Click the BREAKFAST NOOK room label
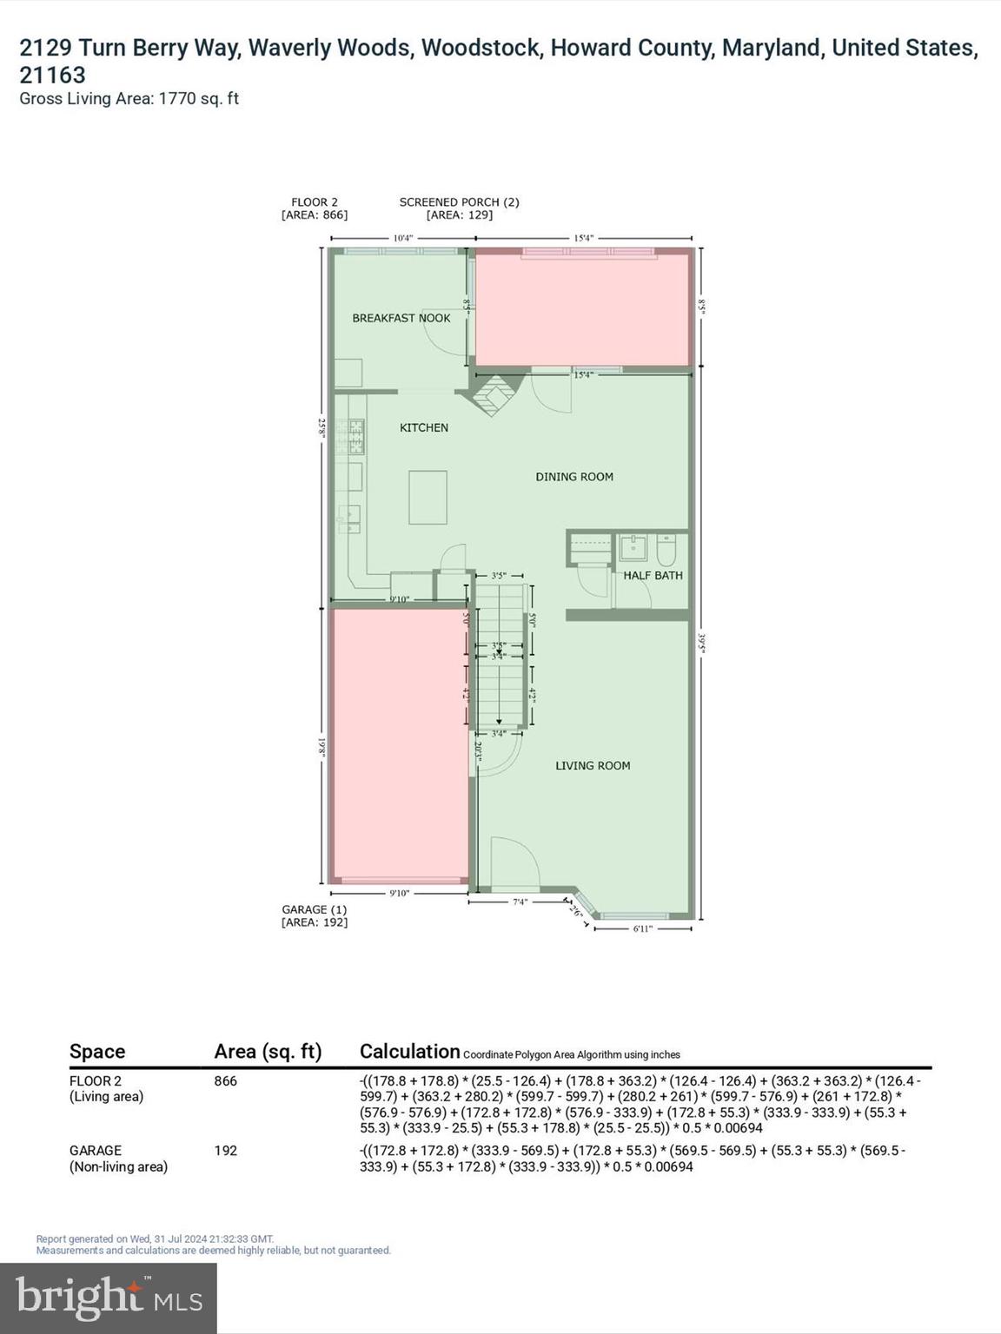pos(401,318)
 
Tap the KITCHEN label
pos(424,427)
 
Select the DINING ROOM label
pos(574,477)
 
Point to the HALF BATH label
pos(653,575)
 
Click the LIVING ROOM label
pos(593,765)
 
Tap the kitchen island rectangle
pos(428,498)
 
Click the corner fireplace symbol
pos(493,394)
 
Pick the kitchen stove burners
pos(355,437)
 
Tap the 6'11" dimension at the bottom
pos(642,928)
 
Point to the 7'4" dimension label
pos(520,901)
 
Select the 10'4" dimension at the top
pos(402,238)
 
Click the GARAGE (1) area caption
pos(315,910)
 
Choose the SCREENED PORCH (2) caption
pos(459,202)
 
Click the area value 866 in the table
pos(226,1081)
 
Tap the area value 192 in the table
pos(226,1151)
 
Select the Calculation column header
pos(409,1052)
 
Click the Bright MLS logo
pos(109,1298)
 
